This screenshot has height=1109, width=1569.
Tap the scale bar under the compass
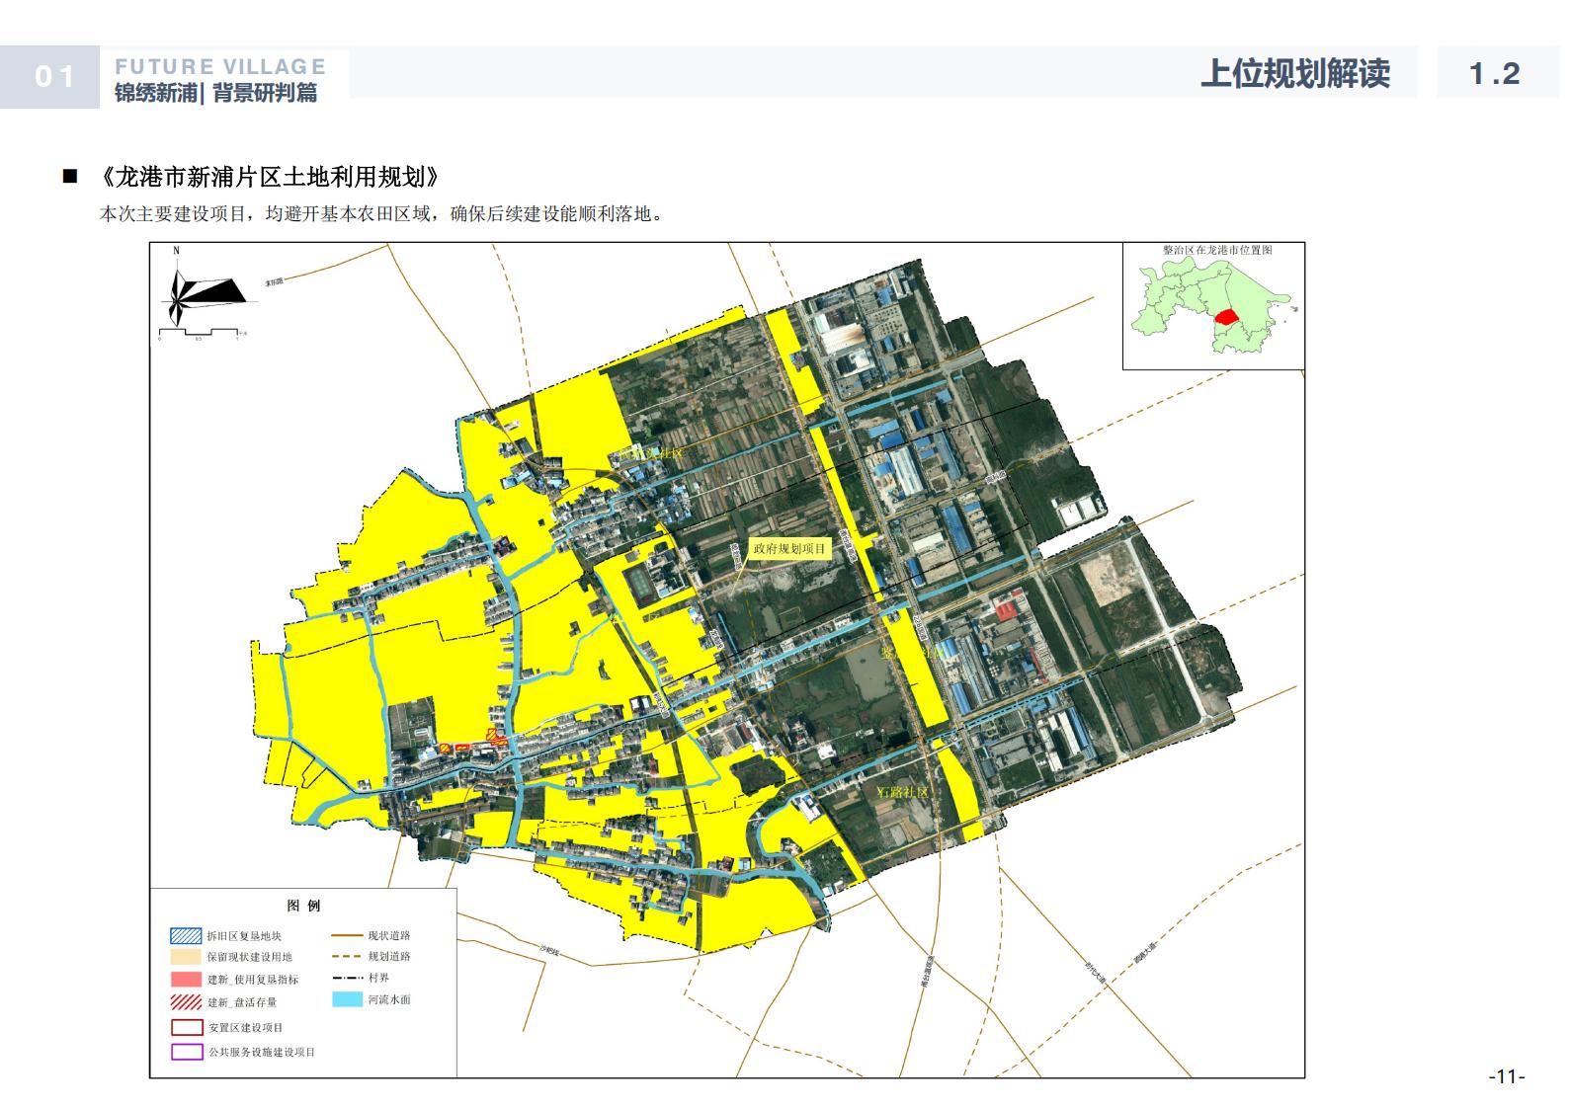pos(198,331)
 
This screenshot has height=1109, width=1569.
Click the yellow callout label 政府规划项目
pos(788,549)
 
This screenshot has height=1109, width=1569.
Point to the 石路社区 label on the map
pos(903,792)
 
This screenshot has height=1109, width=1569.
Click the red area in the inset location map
pos(1226,317)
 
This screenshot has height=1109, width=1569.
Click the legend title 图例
pos(303,906)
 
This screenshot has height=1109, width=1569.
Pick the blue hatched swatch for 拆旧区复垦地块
pos(186,935)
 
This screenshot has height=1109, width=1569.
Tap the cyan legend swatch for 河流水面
pos(348,999)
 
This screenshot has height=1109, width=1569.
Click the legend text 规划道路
pos(389,956)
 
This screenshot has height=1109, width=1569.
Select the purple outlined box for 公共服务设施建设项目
pos(187,1052)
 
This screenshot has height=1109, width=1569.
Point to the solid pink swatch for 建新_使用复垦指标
pos(186,980)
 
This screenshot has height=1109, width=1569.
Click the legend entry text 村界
pos(378,978)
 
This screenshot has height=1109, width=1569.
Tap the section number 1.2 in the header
pos(1494,74)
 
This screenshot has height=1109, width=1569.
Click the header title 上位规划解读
pos(1294,74)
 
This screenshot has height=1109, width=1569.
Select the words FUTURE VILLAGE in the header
pos(220,67)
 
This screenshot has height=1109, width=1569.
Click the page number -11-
pos(1507,1076)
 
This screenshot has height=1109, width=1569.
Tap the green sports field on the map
pos(641,583)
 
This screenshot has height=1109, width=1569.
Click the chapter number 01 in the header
pos(54,77)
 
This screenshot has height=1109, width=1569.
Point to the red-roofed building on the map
pos(1008,604)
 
